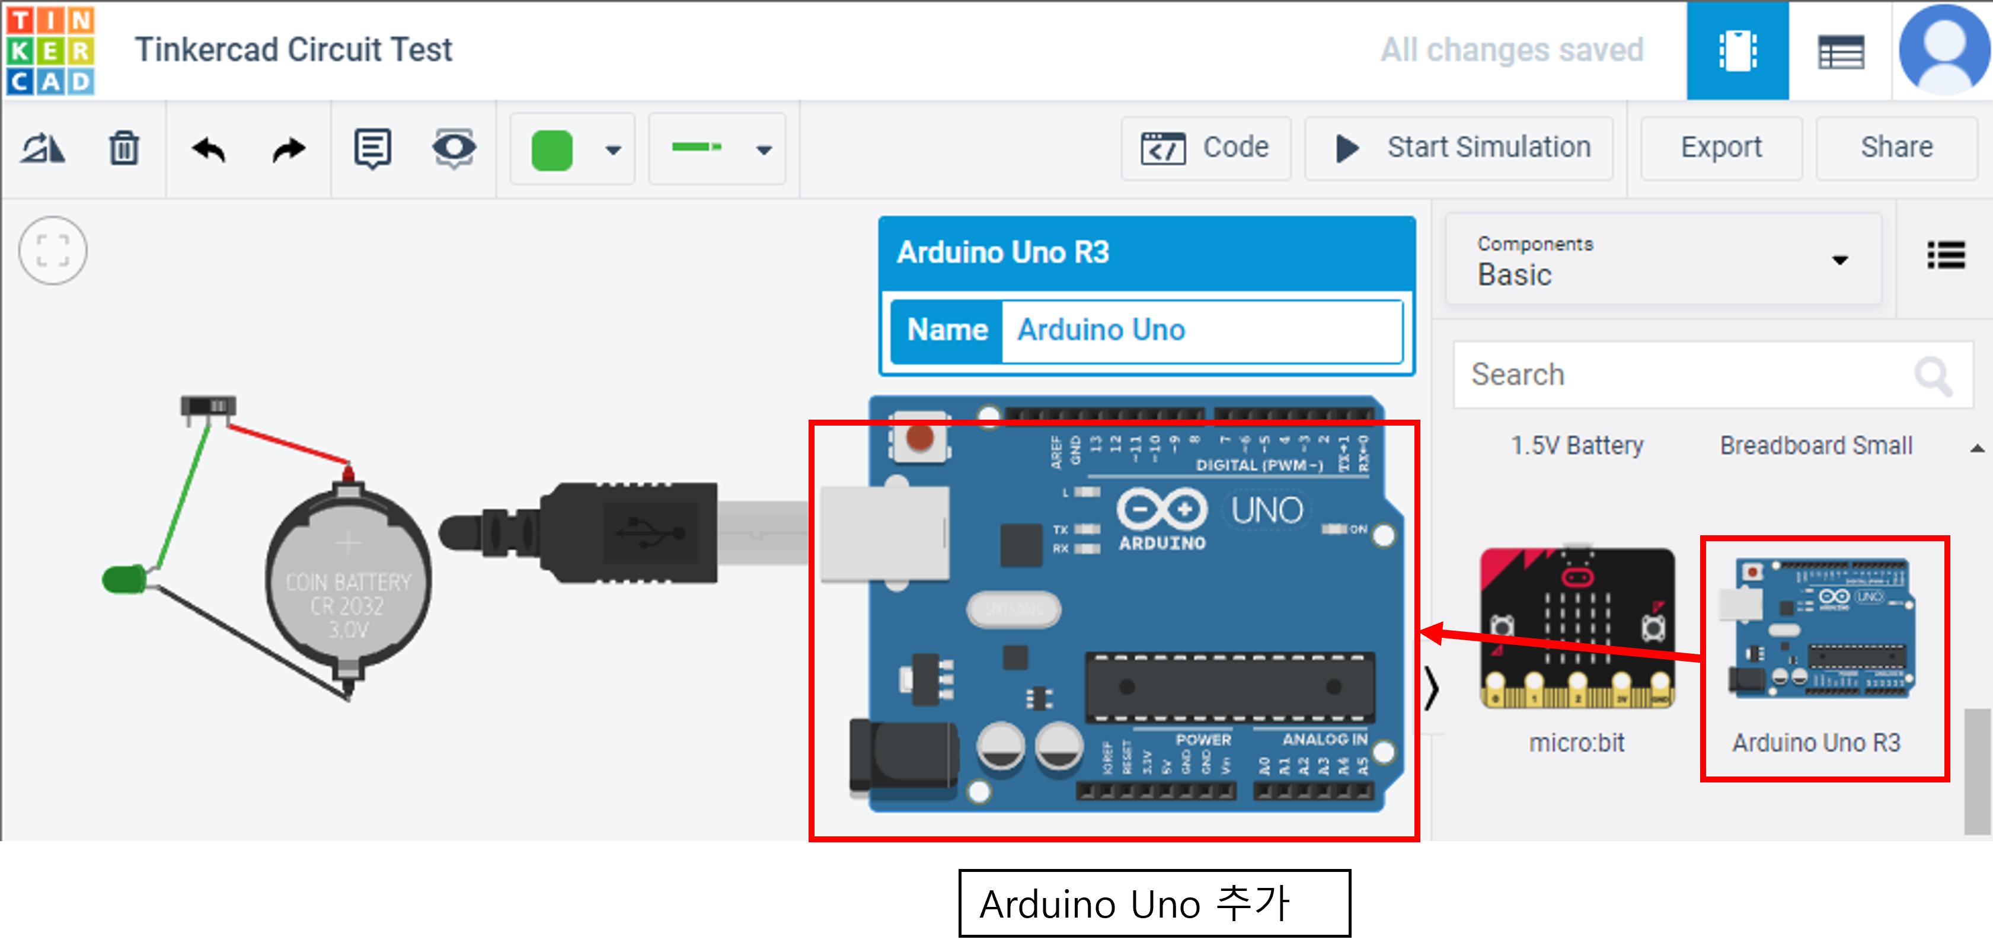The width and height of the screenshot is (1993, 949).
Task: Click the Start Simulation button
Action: point(1459,148)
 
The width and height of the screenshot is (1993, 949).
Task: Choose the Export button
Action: point(1721,148)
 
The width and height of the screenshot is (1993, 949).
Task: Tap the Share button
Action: point(1896,148)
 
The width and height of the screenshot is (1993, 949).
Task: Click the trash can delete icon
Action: point(124,148)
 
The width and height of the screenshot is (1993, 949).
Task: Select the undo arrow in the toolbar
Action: point(208,148)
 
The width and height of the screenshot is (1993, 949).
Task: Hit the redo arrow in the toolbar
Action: point(289,148)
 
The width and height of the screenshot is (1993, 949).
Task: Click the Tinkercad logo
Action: point(50,50)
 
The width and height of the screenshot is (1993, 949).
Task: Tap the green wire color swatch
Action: point(552,149)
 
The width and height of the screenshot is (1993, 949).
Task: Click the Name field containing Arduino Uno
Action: point(1201,330)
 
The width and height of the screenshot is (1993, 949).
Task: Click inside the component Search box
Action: point(1687,375)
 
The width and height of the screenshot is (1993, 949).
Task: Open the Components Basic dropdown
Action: point(1663,261)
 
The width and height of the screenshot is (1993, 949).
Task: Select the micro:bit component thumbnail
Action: point(1577,628)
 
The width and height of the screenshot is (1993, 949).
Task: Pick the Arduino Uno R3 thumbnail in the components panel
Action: point(1823,628)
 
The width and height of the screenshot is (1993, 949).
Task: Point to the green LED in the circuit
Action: point(124,579)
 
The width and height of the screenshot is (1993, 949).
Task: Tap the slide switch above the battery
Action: point(208,406)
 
